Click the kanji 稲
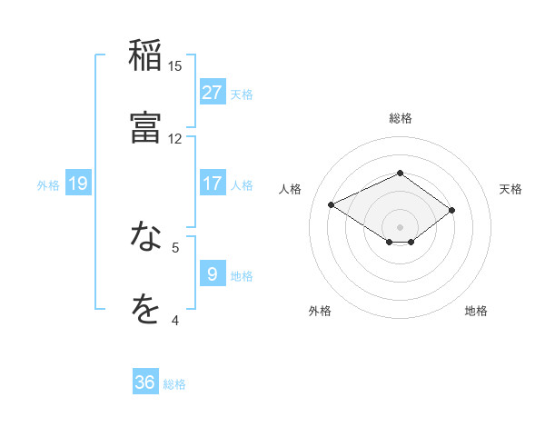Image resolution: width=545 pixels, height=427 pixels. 145,55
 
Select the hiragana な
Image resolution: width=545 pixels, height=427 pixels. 145,237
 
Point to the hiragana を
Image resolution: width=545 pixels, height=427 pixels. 145,310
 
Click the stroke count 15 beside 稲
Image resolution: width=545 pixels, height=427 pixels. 175,65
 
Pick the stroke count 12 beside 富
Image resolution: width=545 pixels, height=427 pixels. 175,138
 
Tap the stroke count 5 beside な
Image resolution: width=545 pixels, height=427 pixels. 175,247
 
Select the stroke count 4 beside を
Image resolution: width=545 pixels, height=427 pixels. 175,320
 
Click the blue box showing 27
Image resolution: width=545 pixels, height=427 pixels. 212,93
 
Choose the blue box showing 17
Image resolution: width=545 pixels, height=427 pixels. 212,184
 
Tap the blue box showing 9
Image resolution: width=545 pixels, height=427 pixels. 212,274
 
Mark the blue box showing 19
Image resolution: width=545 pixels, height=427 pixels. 78,184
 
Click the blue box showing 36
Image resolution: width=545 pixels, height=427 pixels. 145,382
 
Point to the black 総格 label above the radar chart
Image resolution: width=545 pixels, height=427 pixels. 400,118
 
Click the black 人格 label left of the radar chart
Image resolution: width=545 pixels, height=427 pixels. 291,189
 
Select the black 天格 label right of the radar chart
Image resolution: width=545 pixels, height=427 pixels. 510,189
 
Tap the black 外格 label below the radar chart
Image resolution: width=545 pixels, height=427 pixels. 320,311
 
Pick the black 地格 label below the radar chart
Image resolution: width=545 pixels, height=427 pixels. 476,311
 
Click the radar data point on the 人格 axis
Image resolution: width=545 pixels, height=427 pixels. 332,204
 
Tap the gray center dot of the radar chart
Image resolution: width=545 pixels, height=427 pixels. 400,226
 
